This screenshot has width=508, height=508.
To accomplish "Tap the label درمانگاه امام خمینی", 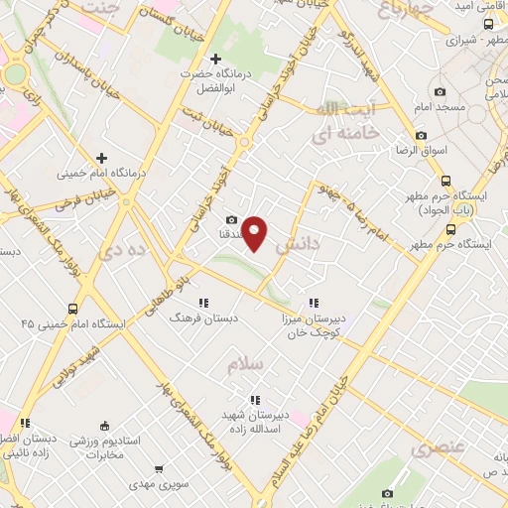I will click(x=103, y=172).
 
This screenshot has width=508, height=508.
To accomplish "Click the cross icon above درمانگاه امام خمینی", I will click(x=102, y=158).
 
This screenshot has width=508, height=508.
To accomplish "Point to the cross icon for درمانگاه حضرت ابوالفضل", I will click(x=215, y=59).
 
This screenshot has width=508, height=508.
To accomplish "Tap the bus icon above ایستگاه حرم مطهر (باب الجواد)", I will click(x=445, y=182).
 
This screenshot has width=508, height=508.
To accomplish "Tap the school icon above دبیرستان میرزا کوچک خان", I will click(x=314, y=303).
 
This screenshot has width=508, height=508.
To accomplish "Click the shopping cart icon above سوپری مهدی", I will click(x=159, y=470).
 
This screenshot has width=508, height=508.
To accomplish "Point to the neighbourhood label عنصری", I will click(x=436, y=447).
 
